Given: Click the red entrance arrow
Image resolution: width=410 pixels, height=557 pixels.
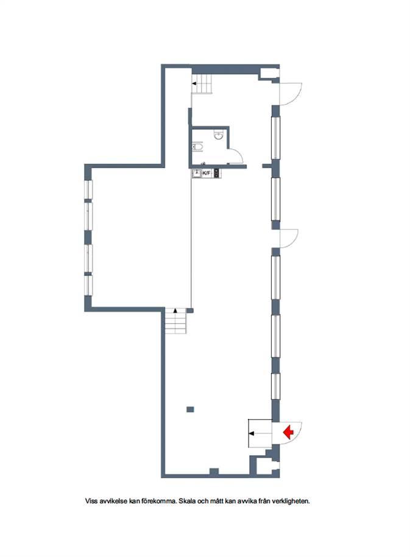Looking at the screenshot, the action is pyautogui.click(x=288, y=432).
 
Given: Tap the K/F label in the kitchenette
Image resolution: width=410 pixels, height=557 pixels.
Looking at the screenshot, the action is pyautogui.click(x=207, y=173).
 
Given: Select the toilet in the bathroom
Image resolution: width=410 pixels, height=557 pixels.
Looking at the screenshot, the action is pyautogui.click(x=197, y=147).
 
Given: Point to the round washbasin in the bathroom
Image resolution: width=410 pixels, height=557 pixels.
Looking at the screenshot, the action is pyautogui.click(x=218, y=135).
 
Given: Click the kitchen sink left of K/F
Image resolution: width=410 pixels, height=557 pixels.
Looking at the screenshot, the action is pyautogui.click(x=197, y=173).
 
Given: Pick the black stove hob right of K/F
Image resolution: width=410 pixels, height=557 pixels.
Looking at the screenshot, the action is pyautogui.click(x=216, y=173).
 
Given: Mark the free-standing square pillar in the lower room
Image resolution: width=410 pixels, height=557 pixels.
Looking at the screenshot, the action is pyautogui.click(x=190, y=410).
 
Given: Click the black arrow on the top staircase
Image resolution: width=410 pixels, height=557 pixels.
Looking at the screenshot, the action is pyautogui.click(x=194, y=83).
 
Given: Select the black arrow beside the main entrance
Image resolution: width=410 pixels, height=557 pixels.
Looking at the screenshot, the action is pyautogui.click(x=251, y=433).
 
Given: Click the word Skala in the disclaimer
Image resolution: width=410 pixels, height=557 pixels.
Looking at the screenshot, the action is pyautogui.click(x=187, y=501).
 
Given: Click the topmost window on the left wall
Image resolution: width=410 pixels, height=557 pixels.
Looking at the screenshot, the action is pyautogui.click(x=88, y=190).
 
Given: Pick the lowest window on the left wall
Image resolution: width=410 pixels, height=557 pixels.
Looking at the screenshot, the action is pyautogui.click(x=88, y=285).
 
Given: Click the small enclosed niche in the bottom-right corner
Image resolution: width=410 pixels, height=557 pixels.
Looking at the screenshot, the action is pyautogui.click(x=264, y=466).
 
